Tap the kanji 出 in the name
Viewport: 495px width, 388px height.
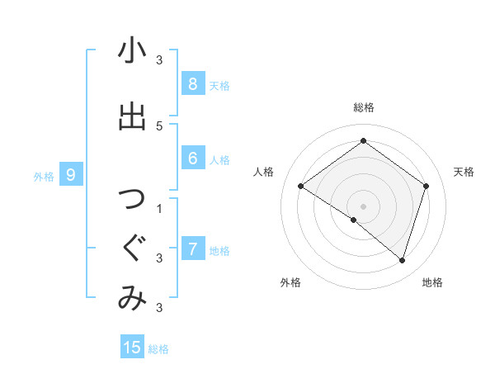pyautogui.click(x=132, y=116)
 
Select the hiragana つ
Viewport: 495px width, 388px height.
pyautogui.click(x=132, y=199)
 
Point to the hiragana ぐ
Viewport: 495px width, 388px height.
pyautogui.click(x=132, y=248)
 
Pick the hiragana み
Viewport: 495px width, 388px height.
pyautogui.click(x=132, y=298)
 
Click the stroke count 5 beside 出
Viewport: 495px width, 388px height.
pyautogui.click(x=159, y=125)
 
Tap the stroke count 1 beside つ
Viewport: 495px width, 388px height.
pyautogui.click(x=159, y=208)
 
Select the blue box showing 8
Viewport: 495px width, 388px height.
pyautogui.click(x=192, y=83)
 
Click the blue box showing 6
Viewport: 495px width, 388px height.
pyautogui.click(x=192, y=159)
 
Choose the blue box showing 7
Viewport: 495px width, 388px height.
pyautogui.click(x=192, y=248)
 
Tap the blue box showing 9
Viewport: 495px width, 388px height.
pyautogui.click(x=71, y=174)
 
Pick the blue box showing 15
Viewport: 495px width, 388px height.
pyautogui.click(x=132, y=348)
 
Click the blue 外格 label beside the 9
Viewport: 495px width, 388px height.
pyautogui.click(x=44, y=176)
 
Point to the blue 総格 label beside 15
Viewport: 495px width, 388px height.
pyautogui.click(x=158, y=349)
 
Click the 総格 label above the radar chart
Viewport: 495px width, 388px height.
pyautogui.click(x=363, y=107)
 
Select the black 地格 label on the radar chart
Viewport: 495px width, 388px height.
pyautogui.click(x=432, y=282)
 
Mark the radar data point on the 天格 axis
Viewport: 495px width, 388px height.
pyautogui.click(x=427, y=186)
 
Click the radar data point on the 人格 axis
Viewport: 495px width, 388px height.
pyautogui.click(x=300, y=186)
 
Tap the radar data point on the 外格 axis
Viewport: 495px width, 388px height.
pyautogui.click(x=354, y=220)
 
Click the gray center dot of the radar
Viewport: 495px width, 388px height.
pyautogui.click(x=363, y=206)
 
